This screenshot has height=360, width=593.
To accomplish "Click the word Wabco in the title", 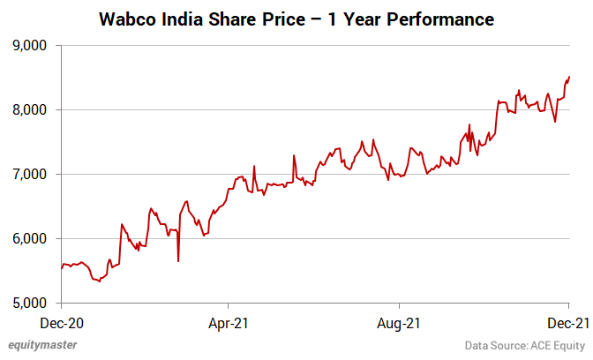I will coord(130,19).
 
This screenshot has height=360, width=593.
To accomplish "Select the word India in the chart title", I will coord(184,19).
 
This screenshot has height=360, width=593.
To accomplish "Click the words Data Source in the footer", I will coord(493,345).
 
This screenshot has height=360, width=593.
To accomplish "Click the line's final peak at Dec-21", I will coord(569,77).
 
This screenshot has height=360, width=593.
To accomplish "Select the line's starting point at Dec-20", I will coord(62,268).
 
